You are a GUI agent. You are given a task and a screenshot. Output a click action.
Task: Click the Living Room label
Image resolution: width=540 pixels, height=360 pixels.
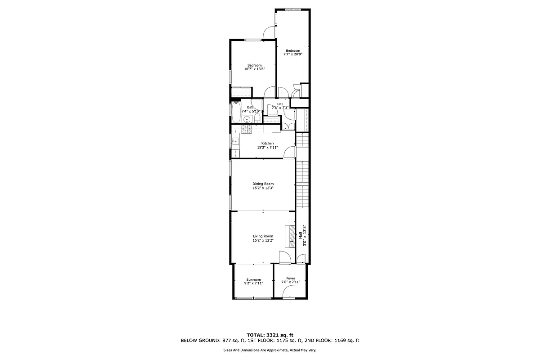pos(263,236)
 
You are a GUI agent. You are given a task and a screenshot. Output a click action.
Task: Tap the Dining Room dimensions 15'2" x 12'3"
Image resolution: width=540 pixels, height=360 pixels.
pos(263,188)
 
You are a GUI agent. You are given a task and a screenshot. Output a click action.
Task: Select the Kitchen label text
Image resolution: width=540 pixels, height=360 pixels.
pos(267,143)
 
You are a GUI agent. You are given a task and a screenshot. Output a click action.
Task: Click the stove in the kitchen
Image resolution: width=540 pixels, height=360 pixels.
pos(246,130)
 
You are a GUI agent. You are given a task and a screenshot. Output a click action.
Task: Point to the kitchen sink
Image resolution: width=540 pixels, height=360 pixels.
pos(235,141)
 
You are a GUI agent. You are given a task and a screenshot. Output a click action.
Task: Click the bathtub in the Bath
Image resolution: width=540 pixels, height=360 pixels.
pos(236,112)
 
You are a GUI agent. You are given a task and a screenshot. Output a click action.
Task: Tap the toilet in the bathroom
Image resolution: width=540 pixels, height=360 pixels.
pos(256,118)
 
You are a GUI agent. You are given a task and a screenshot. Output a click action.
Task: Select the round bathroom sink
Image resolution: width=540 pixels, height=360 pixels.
pos(246,119)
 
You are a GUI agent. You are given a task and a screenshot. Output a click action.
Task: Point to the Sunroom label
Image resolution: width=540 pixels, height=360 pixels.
pos(253,279)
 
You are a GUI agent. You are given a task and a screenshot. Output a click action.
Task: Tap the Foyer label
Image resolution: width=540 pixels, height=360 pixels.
pos(291,278)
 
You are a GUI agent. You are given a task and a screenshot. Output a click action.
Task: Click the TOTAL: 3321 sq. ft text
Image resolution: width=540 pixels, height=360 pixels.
pos(270,334)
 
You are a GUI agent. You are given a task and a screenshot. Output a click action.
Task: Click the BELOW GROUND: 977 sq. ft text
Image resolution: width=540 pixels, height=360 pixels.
pos(211,341)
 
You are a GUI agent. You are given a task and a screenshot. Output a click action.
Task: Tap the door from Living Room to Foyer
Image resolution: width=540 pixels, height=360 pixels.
pos(284,258)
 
